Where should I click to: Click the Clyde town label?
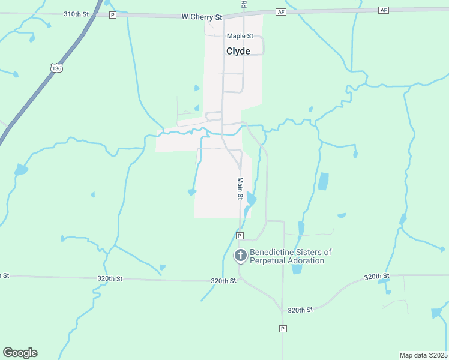click(238, 51)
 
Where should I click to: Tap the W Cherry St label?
click(202, 17)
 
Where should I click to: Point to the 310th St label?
click(76, 13)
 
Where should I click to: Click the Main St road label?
click(240, 188)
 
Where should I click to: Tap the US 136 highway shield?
click(56, 68)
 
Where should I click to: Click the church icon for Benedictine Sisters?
click(240, 256)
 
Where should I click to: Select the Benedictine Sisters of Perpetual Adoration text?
click(291, 256)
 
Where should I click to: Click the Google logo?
click(20, 352)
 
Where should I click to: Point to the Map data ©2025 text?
click(423, 355)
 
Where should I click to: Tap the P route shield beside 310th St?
click(112, 14)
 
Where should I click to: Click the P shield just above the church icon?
click(240, 236)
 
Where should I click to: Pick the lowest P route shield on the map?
click(282, 328)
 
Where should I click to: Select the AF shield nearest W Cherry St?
click(281, 11)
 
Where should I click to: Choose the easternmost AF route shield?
click(384, 10)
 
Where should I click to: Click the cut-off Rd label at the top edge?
click(244, 4)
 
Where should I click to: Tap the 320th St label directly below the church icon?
click(223, 280)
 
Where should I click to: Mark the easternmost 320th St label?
click(376, 276)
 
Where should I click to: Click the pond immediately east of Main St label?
click(251, 199)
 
